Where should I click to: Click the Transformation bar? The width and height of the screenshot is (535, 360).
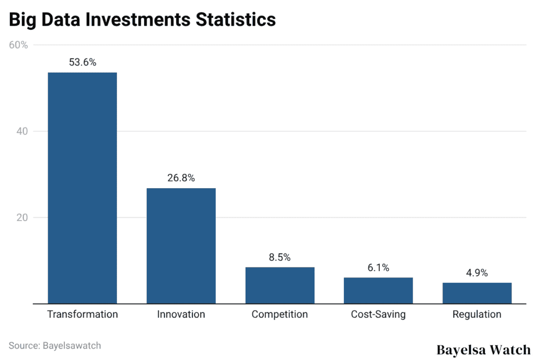coord(82,188)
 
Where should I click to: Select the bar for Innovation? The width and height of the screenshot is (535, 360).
coord(181,246)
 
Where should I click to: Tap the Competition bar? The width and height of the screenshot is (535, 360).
coord(280,285)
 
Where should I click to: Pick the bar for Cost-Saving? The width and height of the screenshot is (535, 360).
coord(378,291)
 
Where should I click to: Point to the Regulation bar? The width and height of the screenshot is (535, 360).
coord(476,293)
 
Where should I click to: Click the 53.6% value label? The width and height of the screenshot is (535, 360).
coord(83,62)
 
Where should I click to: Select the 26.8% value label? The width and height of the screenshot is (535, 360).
coord(181,178)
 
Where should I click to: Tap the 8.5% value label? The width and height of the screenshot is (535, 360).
coord(280,257)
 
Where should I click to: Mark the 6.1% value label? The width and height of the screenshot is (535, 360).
coord(378,268)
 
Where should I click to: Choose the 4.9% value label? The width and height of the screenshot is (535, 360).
coord(476,273)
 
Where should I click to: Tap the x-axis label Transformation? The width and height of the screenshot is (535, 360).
coord(83,314)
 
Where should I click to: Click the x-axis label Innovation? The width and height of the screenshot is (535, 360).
coord(181,314)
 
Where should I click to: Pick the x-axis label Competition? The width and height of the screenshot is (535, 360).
coord(280,314)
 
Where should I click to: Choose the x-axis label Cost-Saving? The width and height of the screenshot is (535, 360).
coord(378,314)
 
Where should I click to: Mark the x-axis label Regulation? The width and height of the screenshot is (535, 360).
coord(476,314)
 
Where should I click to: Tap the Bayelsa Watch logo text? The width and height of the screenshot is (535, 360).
coord(483,350)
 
